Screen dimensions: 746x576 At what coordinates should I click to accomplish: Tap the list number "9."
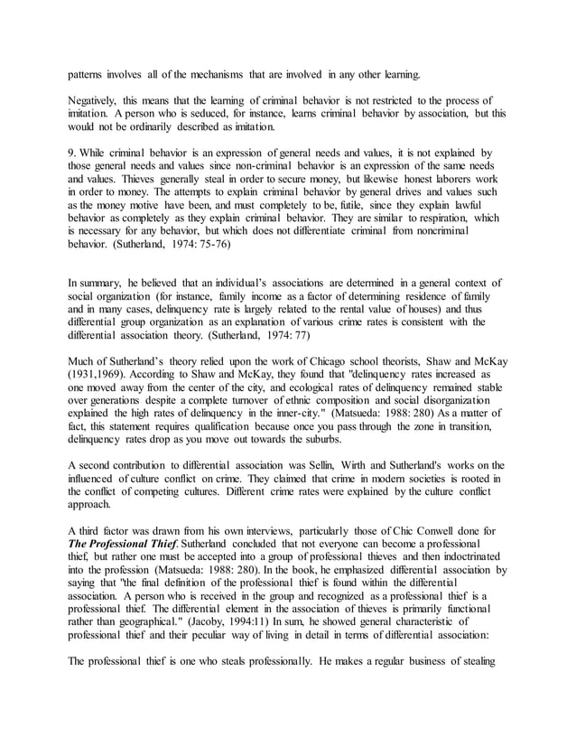coord(75,154)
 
